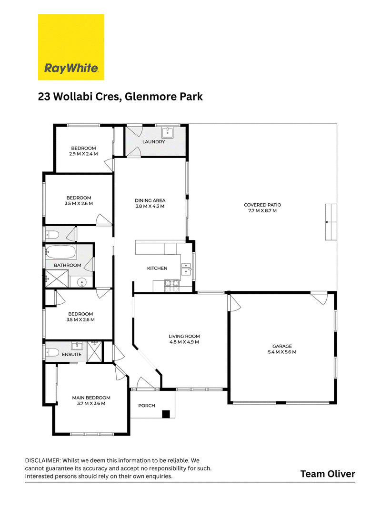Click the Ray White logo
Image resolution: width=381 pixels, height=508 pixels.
71,47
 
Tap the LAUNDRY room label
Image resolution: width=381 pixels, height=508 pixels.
153,141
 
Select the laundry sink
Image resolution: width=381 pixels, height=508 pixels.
168,132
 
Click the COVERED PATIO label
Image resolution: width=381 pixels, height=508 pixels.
262,205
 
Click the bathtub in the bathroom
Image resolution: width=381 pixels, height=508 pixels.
60,251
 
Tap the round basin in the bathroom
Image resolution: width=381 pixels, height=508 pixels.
82,282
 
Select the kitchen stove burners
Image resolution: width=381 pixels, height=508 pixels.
172,286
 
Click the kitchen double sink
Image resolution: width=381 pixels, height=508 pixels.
186,269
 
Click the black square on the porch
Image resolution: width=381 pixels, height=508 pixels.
166,414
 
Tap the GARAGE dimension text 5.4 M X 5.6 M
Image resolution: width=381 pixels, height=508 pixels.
282,352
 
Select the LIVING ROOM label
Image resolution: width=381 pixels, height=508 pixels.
184,336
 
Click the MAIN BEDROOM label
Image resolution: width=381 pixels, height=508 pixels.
91,398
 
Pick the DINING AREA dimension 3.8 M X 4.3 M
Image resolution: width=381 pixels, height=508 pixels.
150,206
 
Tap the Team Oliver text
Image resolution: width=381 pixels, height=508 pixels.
328,474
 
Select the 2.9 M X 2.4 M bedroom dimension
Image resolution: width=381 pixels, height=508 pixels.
83,154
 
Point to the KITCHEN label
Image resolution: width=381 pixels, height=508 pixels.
157,268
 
